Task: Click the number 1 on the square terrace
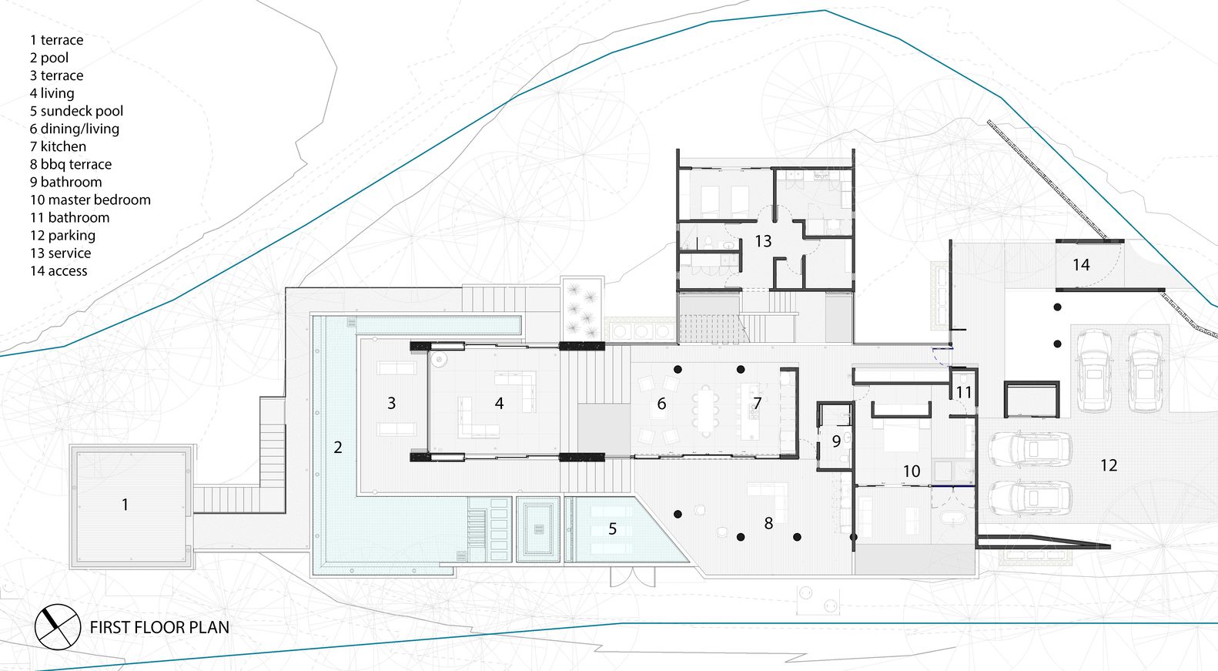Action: tap(125, 505)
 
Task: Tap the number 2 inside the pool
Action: tap(338, 448)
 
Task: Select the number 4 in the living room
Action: tap(499, 403)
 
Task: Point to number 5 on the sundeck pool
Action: tap(612, 528)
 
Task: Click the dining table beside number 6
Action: tap(706, 411)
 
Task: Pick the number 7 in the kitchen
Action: tap(758, 403)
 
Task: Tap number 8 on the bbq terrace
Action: tap(768, 523)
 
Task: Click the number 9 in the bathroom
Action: tap(836, 441)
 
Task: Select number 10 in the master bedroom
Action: tap(912, 471)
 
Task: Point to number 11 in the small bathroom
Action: tap(963, 392)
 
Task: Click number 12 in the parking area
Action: tap(1109, 465)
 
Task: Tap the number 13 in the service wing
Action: tap(763, 241)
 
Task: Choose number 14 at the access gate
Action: tap(1081, 265)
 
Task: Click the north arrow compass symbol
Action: tap(58, 627)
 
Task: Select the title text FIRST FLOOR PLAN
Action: tap(159, 627)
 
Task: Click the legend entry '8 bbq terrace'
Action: tap(71, 164)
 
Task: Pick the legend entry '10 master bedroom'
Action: tap(90, 200)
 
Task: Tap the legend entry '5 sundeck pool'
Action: tap(77, 111)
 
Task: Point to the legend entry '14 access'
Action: tap(59, 270)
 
